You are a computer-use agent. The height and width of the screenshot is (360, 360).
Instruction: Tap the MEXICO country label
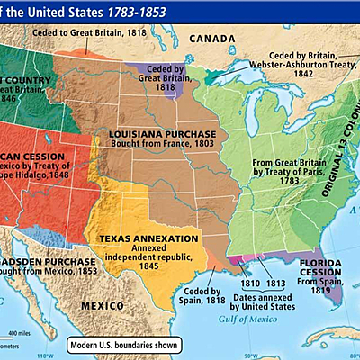pyautogui.click(x=101, y=305)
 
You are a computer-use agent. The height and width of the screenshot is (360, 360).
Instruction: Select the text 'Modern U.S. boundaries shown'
pyautogui.click(x=125, y=344)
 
